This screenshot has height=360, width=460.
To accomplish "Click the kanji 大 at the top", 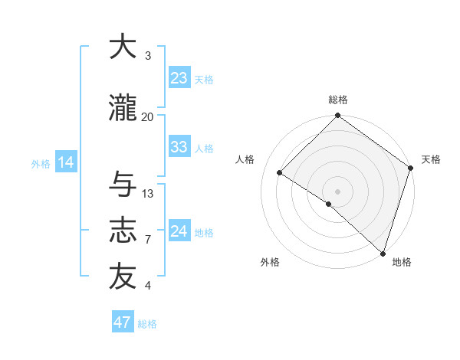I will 123,47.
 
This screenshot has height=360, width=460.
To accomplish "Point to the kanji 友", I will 123,277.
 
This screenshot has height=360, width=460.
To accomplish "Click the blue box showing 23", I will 179,78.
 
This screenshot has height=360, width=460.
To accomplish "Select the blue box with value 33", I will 179,147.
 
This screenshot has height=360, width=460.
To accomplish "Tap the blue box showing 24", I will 179,231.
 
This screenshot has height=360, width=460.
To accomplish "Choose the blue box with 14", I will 65,162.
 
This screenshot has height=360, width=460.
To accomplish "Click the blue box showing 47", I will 123,322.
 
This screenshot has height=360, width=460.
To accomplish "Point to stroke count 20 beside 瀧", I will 148,116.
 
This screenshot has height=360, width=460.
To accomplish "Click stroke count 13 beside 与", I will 148,194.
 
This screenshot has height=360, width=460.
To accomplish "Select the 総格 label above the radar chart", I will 337,100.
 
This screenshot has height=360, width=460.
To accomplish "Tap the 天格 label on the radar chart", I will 431,159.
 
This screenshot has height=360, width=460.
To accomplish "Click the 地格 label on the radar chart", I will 402,262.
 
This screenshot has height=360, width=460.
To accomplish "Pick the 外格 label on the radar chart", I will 270,262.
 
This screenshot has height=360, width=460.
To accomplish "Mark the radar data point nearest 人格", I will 280,173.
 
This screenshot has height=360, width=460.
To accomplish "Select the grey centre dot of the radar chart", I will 337,191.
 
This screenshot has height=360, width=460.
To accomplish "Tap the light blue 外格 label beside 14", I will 40,163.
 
